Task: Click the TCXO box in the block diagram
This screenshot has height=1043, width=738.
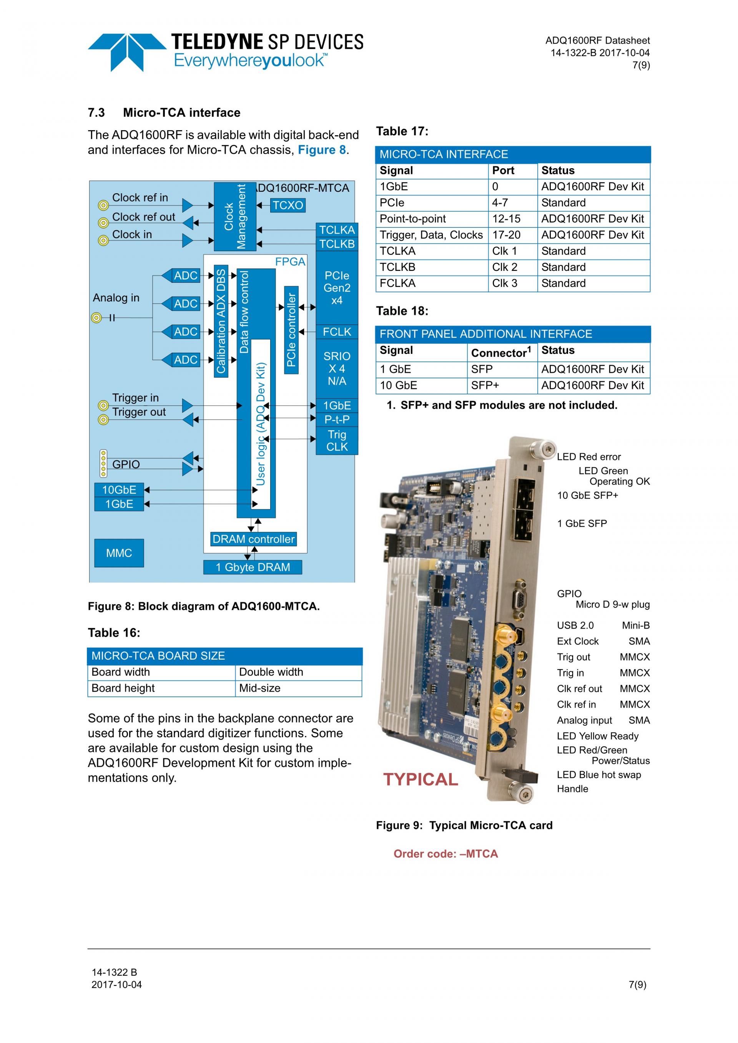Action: (288, 205)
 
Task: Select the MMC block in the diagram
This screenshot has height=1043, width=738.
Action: (119, 553)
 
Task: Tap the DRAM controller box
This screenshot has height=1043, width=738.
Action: (254, 539)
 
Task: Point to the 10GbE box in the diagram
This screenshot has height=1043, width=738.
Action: (119, 490)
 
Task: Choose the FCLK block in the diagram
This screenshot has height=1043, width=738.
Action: (337, 332)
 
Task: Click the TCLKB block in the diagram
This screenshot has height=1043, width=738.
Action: (337, 244)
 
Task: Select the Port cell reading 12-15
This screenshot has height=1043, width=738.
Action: (506, 219)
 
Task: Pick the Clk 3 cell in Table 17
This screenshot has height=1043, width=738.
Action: (504, 284)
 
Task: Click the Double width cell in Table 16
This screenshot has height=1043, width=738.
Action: (271, 672)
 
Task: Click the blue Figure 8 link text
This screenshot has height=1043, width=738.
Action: (322, 150)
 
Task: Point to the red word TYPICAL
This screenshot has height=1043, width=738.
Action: (421, 779)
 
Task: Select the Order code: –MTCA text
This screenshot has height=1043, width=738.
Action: (445, 854)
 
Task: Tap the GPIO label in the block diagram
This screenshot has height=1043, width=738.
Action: (126, 464)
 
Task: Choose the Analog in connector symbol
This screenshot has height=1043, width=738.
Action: (96, 318)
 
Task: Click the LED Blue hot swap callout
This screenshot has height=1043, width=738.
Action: (598, 774)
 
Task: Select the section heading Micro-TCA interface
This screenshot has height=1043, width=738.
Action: (181, 113)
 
